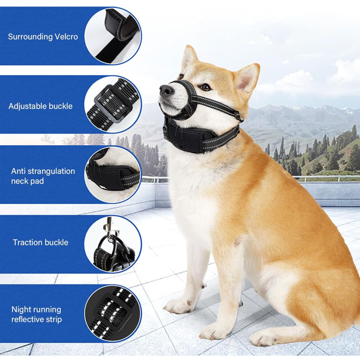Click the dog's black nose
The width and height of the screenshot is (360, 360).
167,90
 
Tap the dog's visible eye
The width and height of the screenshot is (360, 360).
205,87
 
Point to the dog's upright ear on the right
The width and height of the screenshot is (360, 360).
247,78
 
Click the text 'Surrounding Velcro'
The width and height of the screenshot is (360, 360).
43,37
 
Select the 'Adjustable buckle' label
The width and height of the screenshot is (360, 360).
40,106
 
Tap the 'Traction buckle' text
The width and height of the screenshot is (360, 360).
40,243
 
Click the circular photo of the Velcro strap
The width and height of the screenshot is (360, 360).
113,36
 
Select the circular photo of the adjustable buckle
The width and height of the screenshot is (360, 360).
113,105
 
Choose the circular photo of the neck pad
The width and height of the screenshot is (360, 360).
113,175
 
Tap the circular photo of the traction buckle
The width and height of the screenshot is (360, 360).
113,244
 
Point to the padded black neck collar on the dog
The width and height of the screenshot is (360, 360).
197,138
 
